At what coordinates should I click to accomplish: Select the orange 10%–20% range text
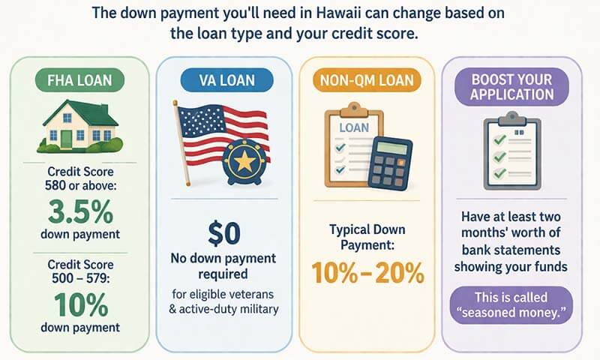pos(368,272)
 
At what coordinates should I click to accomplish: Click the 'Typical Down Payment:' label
pos(368,238)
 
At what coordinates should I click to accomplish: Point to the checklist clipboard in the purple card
pos(514,148)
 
